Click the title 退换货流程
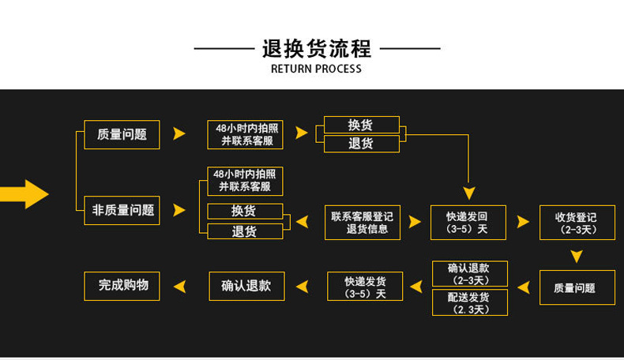click(316, 49)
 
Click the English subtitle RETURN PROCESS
click(316, 69)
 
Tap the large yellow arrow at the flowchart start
click(25, 193)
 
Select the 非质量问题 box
click(122, 210)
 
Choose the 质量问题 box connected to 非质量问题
click(122, 134)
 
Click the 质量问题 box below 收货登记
click(577, 287)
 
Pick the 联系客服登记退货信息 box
click(362, 223)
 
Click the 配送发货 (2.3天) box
click(470, 302)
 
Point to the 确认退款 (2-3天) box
click(470, 274)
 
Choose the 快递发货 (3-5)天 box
click(365, 286)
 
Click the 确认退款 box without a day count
click(246, 286)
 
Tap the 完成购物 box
click(122, 286)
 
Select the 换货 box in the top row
click(361, 125)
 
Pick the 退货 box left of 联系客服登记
click(244, 231)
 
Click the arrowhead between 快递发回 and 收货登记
click(522, 223)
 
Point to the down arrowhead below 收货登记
click(577, 256)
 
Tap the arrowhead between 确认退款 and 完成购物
click(180, 286)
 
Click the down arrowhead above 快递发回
click(469, 193)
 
